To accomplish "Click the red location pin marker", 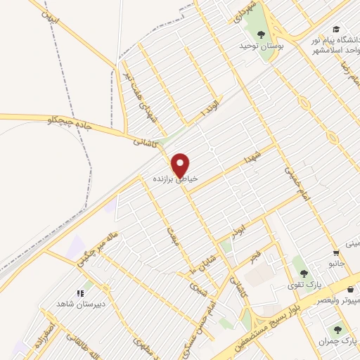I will (x=181, y=165).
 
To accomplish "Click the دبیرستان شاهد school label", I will (x=80, y=303).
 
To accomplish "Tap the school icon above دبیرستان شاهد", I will (x=80, y=292).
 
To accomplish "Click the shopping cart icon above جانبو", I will (x=336, y=254).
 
